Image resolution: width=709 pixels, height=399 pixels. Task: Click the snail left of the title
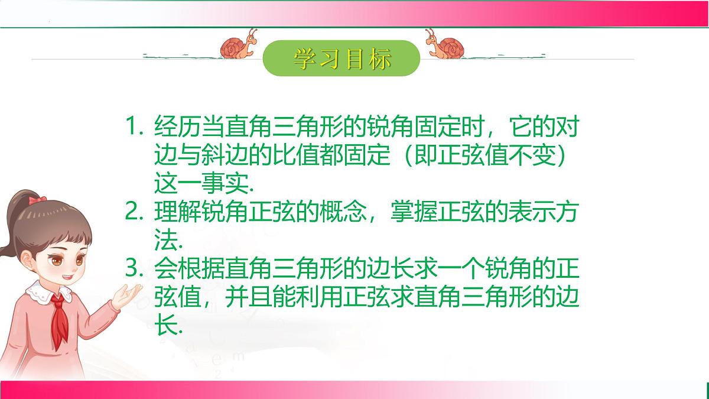[x=239, y=45]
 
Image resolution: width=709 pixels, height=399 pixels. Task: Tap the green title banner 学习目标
[x=342, y=59]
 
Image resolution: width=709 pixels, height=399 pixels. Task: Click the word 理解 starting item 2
[x=171, y=212]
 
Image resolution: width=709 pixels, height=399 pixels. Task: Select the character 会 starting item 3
[x=163, y=268]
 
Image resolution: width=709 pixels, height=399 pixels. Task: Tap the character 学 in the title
[x=303, y=59]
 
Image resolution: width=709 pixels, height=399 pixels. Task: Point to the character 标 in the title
[x=379, y=59]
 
